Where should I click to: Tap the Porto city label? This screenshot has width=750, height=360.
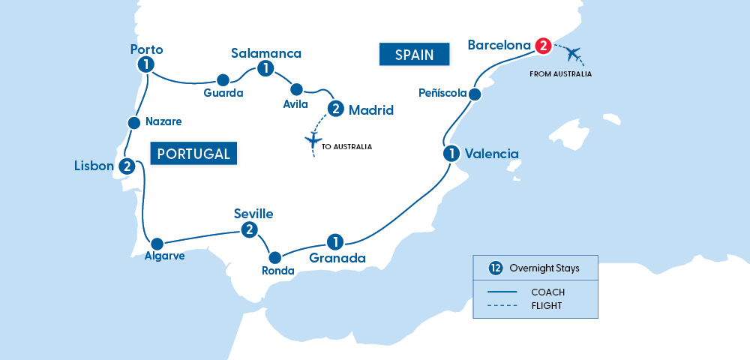pyautogui.click(x=145, y=50)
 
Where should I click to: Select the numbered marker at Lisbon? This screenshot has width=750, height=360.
pyautogui.click(x=127, y=166)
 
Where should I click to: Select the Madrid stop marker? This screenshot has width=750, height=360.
pyautogui.click(x=335, y=109)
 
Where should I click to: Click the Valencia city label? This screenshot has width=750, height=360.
pyautogui.click(x=491, y=154)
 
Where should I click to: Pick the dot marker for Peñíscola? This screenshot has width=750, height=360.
pyautogui.click(x=474, y=94)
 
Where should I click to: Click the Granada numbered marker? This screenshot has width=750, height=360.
pyautogui.click(x=334, y=241)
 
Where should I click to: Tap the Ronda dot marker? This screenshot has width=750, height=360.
pyautogui.click(x=275, y=256)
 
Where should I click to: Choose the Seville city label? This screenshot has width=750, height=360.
pyautogui.click(x=253, y=214)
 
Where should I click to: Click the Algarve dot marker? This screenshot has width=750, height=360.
pyautogui.click(x=157, y=244)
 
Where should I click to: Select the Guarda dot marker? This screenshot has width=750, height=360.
pyautogui.click(x=222, y=79)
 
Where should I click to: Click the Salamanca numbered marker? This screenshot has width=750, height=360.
pyautogui.click(x=263, y=69)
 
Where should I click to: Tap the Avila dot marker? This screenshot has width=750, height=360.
pyautogui.click(x=296, y=88)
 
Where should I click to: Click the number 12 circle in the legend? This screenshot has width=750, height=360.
pyautogui.click(x=495, y=268)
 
